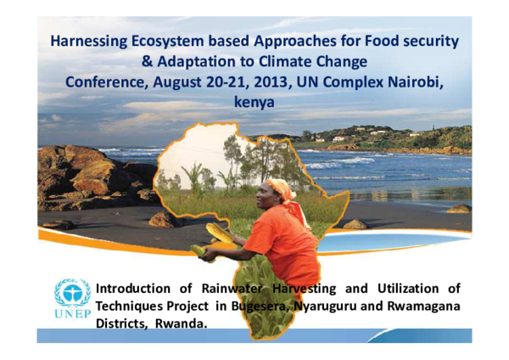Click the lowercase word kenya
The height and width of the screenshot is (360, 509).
tap(254, 102)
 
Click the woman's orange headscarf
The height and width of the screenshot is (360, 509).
tap(280, 188)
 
